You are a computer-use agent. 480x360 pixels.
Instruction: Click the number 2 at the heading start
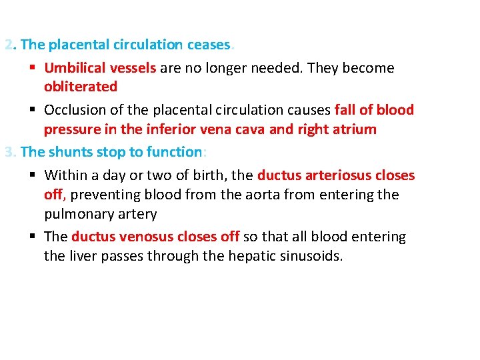8,45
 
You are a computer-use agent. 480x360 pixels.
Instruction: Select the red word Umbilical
75,68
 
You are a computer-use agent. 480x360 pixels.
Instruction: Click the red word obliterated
81,87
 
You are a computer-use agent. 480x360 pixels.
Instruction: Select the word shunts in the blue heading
71,152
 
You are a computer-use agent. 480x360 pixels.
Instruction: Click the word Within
66,176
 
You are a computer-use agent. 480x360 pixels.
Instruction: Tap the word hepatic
233,256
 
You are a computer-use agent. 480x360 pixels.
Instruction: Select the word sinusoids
311,256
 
